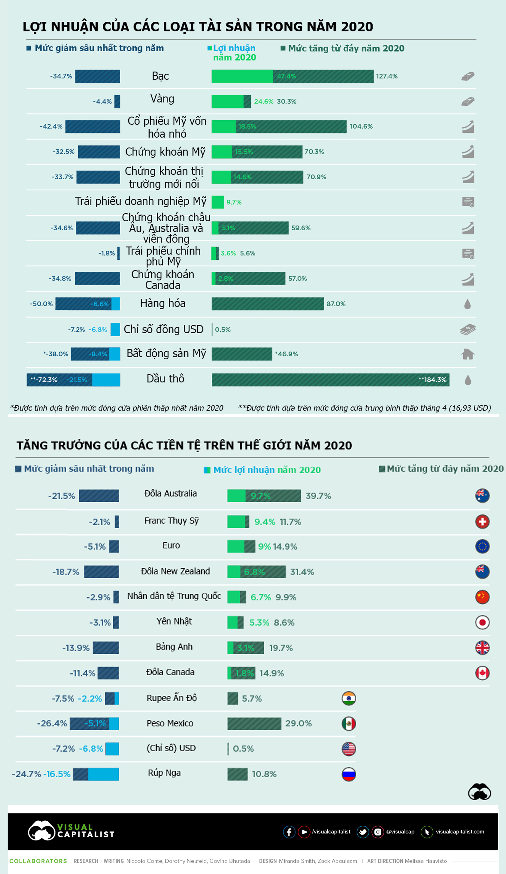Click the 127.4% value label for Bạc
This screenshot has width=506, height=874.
click(387, 76)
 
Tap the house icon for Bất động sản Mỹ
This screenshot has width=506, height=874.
click(467, 354)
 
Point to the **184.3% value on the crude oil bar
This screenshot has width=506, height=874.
click(432, 380)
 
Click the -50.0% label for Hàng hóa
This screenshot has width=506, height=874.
click(41, 304)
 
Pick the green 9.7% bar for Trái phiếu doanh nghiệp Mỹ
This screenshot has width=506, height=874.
click(218, 202)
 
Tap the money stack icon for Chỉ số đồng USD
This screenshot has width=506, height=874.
click(467, 329)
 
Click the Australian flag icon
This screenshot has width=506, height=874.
click(482, 496)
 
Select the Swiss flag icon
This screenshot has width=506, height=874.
click(482, 522)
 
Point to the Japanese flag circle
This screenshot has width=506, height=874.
click(482, 622)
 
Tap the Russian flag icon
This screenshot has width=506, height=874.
click(349, 774)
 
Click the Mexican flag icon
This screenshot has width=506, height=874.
click(349, 723)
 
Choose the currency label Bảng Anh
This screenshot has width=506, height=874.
click(174, 647)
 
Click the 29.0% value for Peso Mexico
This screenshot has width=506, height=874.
click(298, 723)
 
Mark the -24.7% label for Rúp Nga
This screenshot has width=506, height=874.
click(26, 774)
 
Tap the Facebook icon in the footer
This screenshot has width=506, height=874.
click(289, 832)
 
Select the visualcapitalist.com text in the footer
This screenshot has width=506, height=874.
click(460, 832)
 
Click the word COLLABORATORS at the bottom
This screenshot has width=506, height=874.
click(38, 861)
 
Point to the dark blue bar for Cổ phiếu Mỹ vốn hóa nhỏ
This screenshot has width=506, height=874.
click(93, 127)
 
